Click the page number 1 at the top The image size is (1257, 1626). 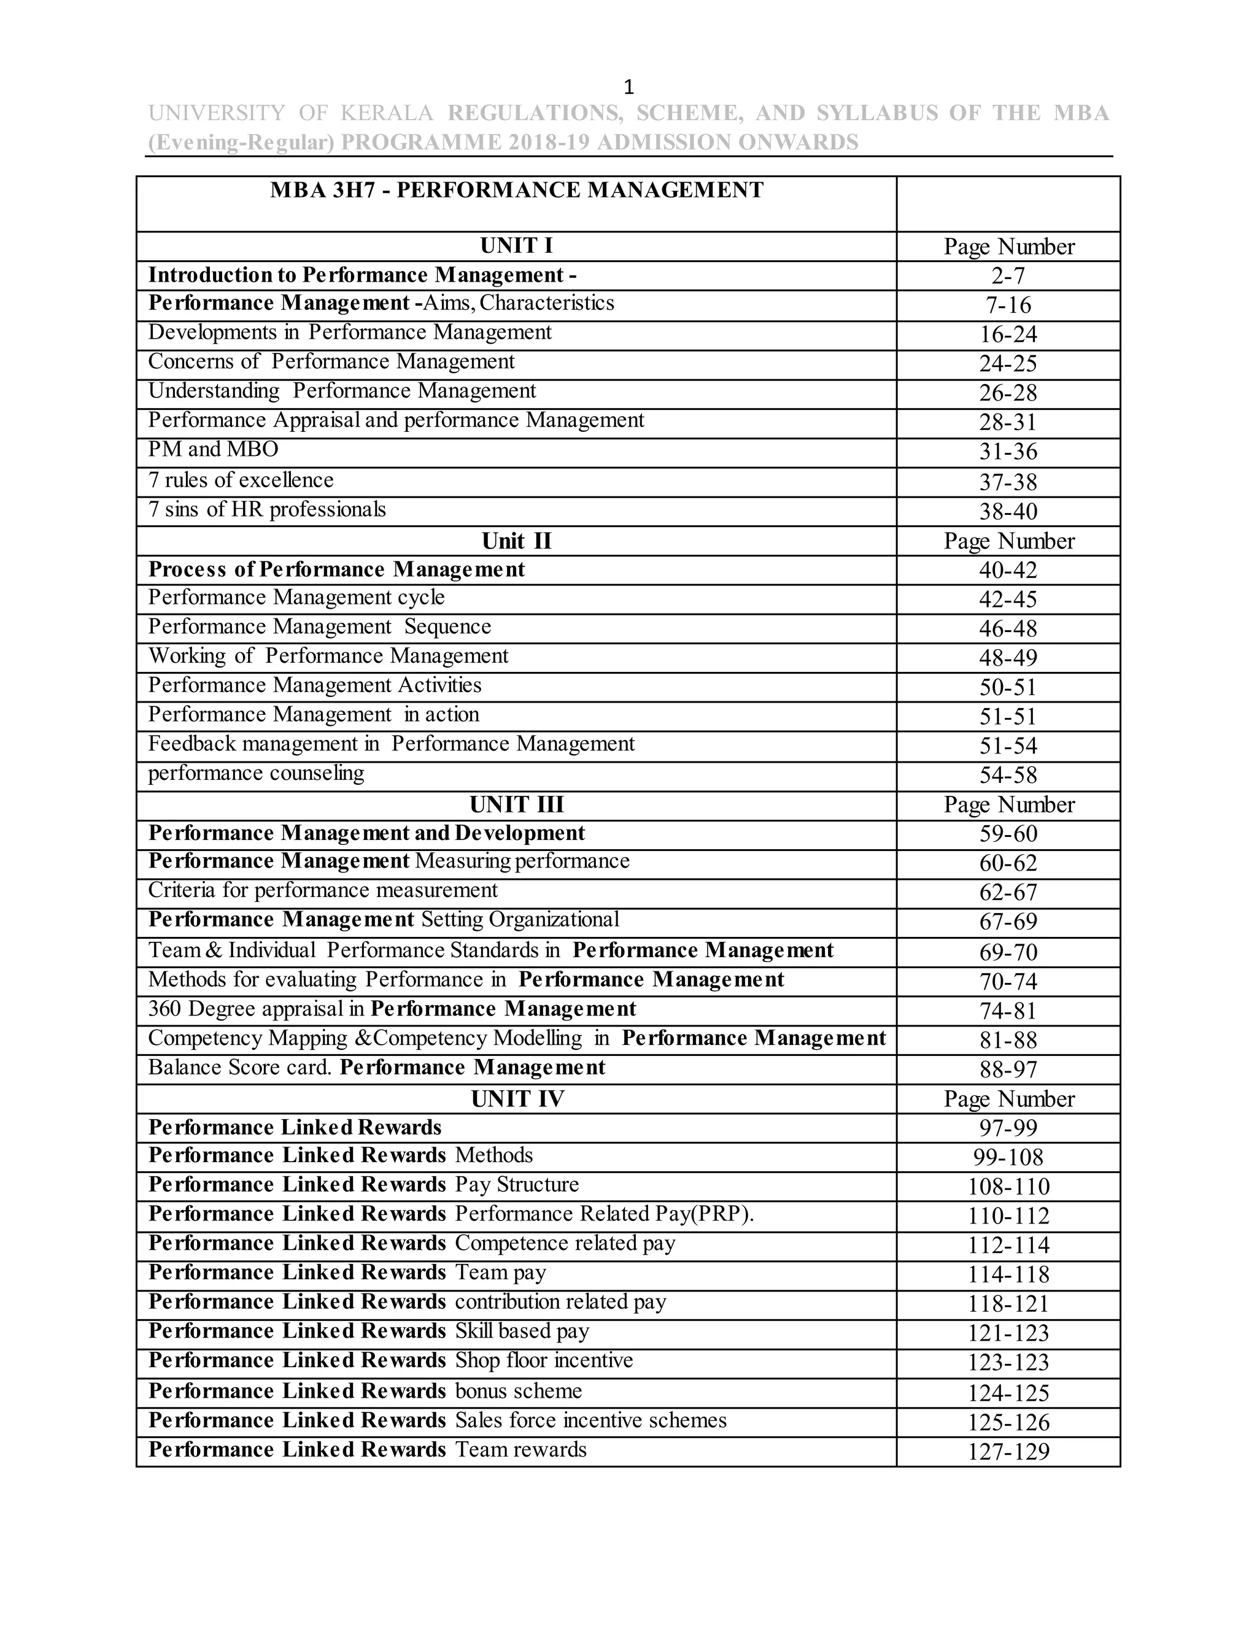point(628,88)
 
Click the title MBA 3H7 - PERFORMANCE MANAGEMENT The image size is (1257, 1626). point(517,191)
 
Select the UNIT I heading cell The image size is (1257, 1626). point(516,245)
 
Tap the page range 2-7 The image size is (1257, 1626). point(1008,276)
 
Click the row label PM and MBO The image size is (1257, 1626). point(213,450)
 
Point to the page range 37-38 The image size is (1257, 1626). point(1008,482)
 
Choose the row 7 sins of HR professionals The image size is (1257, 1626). point(266,510)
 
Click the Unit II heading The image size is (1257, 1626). point(516,541)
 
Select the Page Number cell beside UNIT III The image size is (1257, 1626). point(1008,805)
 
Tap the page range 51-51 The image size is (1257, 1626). point(1008,717)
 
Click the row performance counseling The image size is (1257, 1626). point(256,774)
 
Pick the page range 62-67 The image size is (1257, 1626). point(1008,893)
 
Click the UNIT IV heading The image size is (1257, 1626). point(517,1099)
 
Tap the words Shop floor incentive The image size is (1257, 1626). point(544,1361)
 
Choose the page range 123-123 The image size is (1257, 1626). point(1008,1362)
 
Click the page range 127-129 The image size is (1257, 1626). point(1008,1452)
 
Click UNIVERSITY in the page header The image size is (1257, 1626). point(216,113)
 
